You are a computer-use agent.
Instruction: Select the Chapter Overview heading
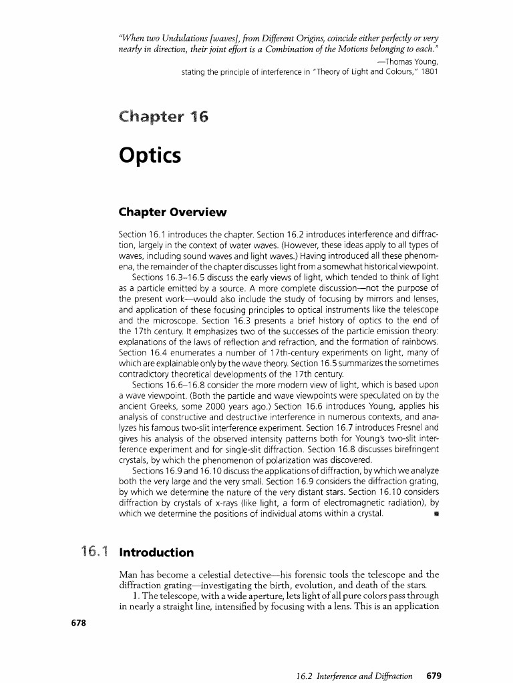172,213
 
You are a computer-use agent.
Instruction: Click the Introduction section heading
156,552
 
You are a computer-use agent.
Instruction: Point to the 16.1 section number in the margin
92,552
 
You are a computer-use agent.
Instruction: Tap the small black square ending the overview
435,514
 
